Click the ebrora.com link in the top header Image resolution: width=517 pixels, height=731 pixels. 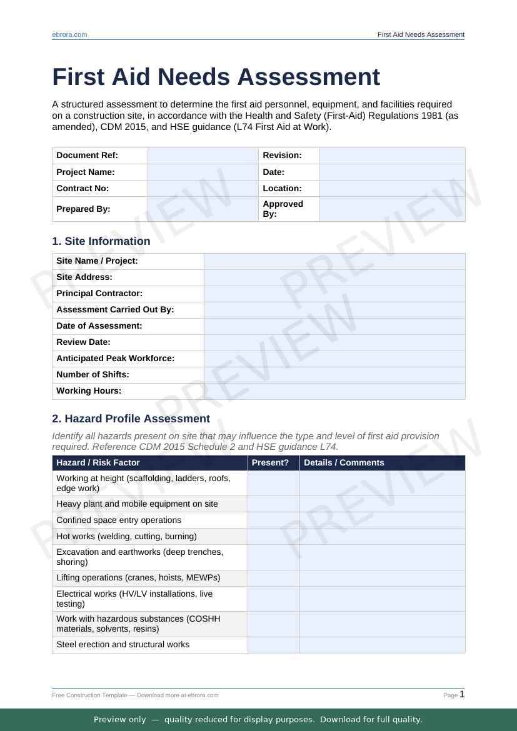tap(69, 34)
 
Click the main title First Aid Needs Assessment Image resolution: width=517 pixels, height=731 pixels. tap(216, 77)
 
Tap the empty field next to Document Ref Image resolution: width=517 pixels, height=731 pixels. tap(203, 156)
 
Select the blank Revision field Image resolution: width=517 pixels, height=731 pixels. tap(392, 156)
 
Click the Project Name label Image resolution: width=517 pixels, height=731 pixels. tap(86, 172)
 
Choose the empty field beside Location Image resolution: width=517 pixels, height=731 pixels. tap(392, 188)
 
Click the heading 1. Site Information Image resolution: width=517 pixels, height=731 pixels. tap(101, 241)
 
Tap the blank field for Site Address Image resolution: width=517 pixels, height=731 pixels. tap(334, 277)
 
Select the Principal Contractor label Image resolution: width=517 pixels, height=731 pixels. tap(99, 294)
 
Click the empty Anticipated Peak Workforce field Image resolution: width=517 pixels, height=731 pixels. tap(334, 359)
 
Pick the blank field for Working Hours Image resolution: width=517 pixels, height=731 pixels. tap(334, 391)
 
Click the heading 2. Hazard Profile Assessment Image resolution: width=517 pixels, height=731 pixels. tap(131, 419)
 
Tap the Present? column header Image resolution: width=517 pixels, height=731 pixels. tap(270, 463)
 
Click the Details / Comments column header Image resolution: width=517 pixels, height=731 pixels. tap(344, 463)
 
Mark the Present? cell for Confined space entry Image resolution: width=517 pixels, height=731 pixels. tap(274, 520)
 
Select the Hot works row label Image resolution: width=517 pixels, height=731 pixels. tap(126, 537)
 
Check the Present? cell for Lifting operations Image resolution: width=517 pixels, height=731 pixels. tap(274, 578)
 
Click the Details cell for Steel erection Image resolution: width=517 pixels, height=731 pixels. tap(382, 645)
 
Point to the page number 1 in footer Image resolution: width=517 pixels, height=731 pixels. tap(462, 694)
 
